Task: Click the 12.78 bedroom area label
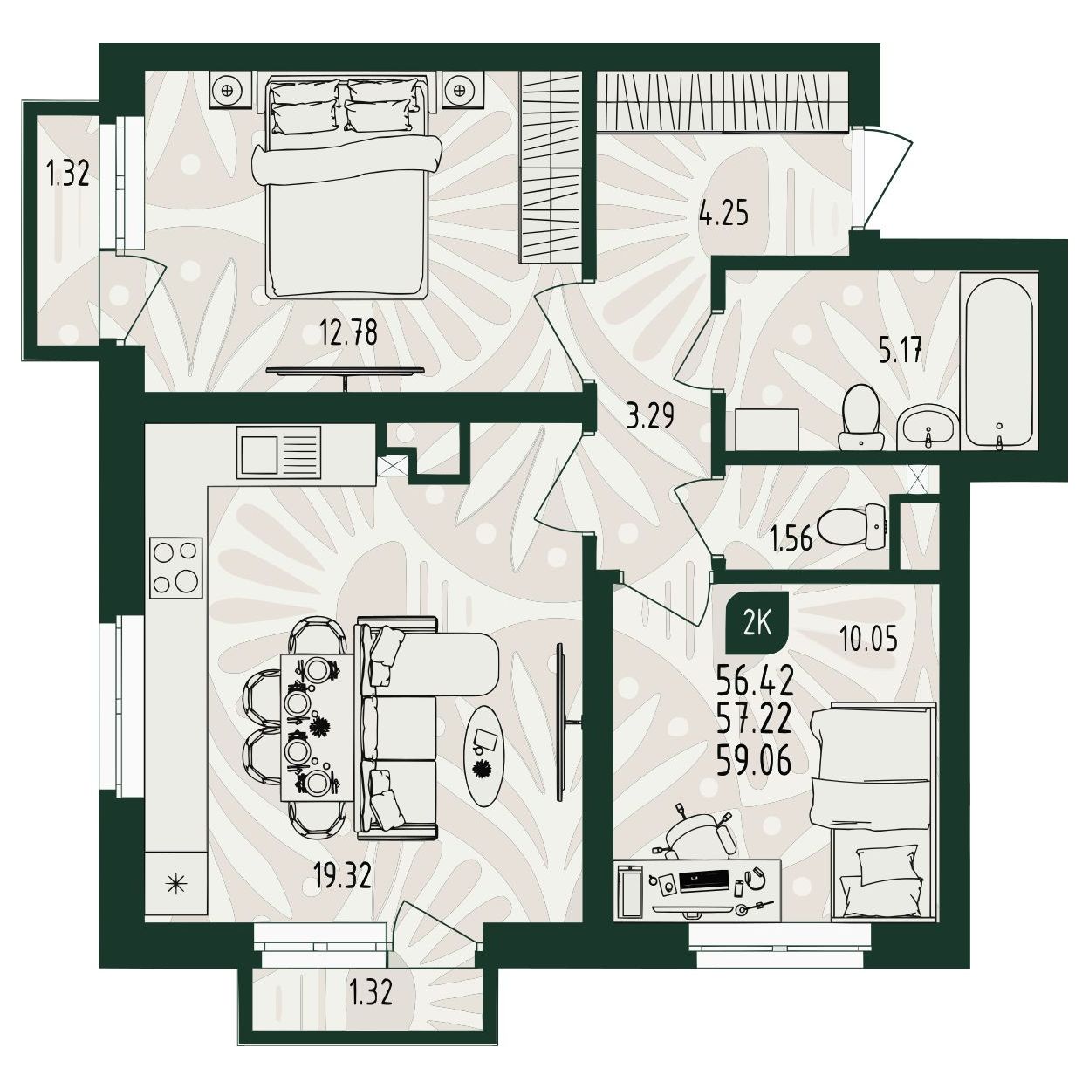(x=348, y=332)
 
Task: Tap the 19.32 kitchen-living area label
(x=342, y=876)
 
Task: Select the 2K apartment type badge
(x=757, y=626)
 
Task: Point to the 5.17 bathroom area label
(x=901, y=350)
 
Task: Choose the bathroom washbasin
(x=928, y=428)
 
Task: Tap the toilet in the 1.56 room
(x=853, y=525)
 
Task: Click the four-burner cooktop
(x=176, y=567)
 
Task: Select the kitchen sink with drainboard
(x=278, y=450)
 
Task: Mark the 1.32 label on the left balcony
(x=68, y=173)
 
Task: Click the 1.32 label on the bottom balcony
(x=371, y=992)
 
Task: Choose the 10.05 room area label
(x=868, y=639)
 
